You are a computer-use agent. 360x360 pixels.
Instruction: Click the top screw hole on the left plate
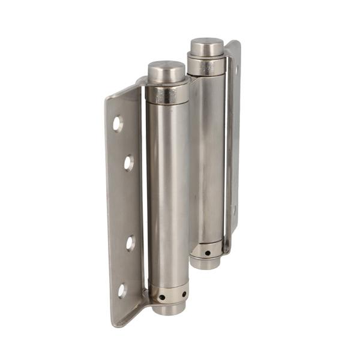tap(118, 124)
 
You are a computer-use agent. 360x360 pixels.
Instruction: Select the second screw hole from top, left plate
tap(128, 162)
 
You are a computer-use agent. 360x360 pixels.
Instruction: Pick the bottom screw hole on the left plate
tap(122, 290)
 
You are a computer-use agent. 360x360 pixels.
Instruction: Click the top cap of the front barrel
tap(166, 72)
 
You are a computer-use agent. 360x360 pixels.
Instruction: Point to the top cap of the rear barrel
tap(207, 47)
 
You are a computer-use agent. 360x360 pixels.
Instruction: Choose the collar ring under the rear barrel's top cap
tap(206, 65)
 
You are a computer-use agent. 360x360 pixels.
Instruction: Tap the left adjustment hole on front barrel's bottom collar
tap(163, 296)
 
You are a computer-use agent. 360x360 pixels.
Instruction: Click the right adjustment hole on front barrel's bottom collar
tap(184, 294)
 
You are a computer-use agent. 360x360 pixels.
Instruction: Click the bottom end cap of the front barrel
tap(169, 309)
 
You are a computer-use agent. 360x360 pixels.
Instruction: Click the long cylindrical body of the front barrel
tap(167, 192)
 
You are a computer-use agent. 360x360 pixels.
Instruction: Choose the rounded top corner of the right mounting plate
tap(236, 44)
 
